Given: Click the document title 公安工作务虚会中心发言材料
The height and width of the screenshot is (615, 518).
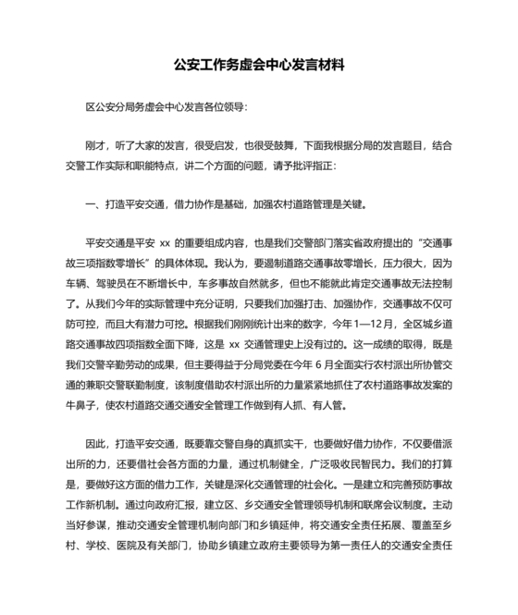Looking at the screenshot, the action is click(x=258, y=66).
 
